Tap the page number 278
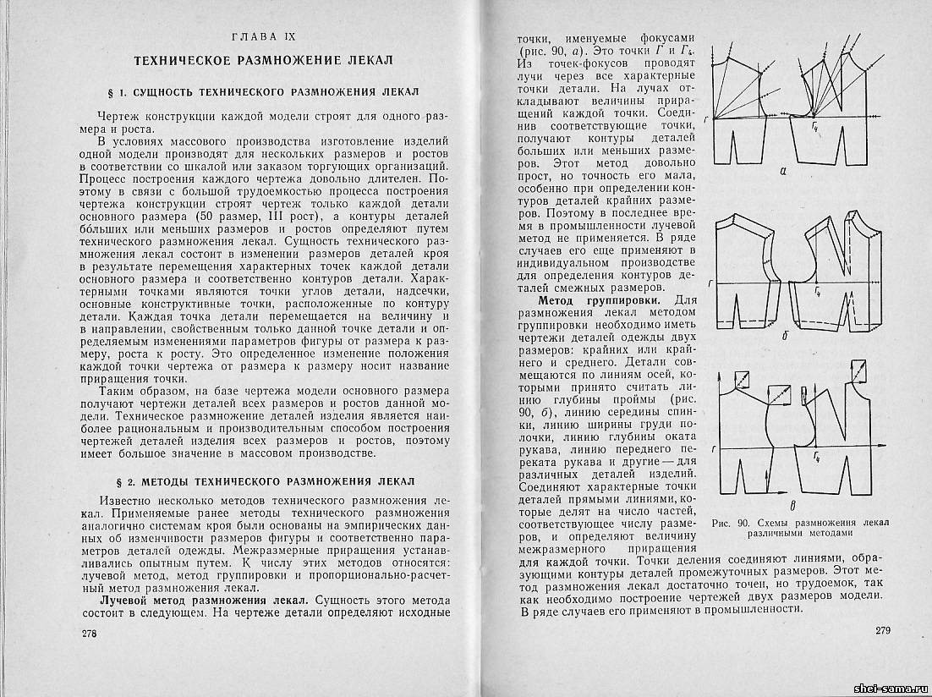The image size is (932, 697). (90, 634)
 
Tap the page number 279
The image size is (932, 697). (883, 630)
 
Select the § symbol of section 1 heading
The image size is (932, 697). (127, 91)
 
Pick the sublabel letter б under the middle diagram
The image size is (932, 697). (785, 335)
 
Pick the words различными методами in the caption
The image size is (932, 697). (798, 534)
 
